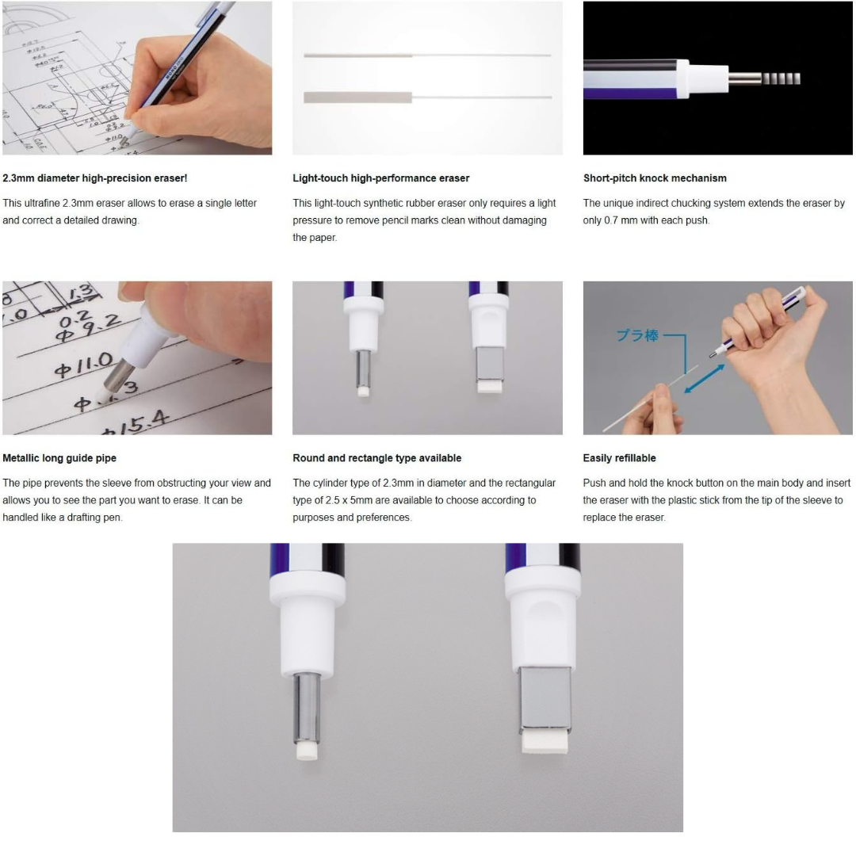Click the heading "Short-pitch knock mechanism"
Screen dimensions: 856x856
point(655,178)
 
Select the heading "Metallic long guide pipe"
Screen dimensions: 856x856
point(59,458)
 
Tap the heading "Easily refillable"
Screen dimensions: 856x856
point(619,458)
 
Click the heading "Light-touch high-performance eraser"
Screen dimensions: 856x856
point(381,178)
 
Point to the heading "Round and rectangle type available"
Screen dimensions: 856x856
point(376,458)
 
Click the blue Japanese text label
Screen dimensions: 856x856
point(637,335)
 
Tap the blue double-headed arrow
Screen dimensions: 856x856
point(705,379)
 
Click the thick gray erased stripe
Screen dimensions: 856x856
point(358,97)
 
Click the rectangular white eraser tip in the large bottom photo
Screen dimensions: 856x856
point(545,743)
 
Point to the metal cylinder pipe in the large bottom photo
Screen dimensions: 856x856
point(307,708)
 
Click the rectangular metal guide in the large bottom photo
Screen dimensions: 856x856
point(545,700)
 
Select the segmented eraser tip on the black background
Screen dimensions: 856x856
point(781,78)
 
